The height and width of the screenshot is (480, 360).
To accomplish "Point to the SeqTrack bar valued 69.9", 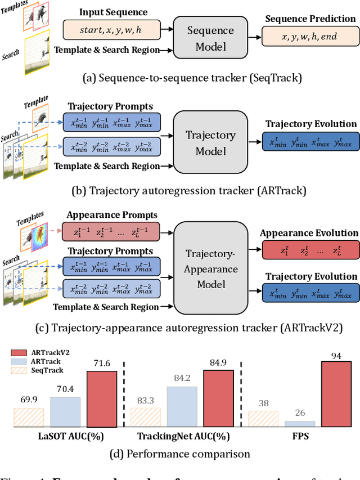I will pos(29,417).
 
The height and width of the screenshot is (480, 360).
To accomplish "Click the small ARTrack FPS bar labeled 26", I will pos(300,423).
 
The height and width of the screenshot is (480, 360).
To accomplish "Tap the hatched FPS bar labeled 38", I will pos(263,418).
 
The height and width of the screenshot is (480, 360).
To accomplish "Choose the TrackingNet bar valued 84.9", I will pos(219,398).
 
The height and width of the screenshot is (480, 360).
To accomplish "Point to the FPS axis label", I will pos(300,436).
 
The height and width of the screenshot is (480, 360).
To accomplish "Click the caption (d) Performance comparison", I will pos(180,453).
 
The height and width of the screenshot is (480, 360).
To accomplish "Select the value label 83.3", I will pos(146,401).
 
